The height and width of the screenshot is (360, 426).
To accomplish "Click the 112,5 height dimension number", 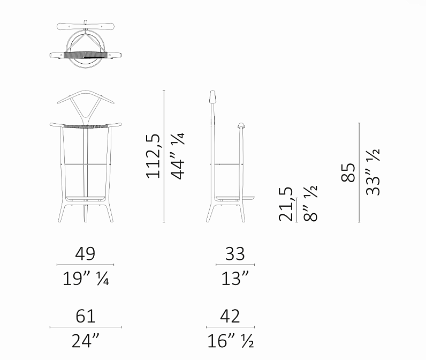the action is tap(153, 156).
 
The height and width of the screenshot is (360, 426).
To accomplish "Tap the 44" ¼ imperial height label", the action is tap(178, 156).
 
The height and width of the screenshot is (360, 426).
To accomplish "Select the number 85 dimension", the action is tap(348, 172).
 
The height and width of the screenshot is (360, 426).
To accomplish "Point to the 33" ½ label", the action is tap(372, 172).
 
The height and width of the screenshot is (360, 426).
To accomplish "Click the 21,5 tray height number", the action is tap(286, 204).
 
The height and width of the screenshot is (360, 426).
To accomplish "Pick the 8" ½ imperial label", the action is tap(310, 204).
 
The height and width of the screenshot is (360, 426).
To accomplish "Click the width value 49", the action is tap(85, 254).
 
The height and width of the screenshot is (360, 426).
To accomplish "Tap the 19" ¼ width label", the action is tap(86, 279).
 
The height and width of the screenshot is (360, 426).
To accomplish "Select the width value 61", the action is tap(86, 316).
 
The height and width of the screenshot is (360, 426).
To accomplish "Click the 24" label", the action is tap(86, 341).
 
